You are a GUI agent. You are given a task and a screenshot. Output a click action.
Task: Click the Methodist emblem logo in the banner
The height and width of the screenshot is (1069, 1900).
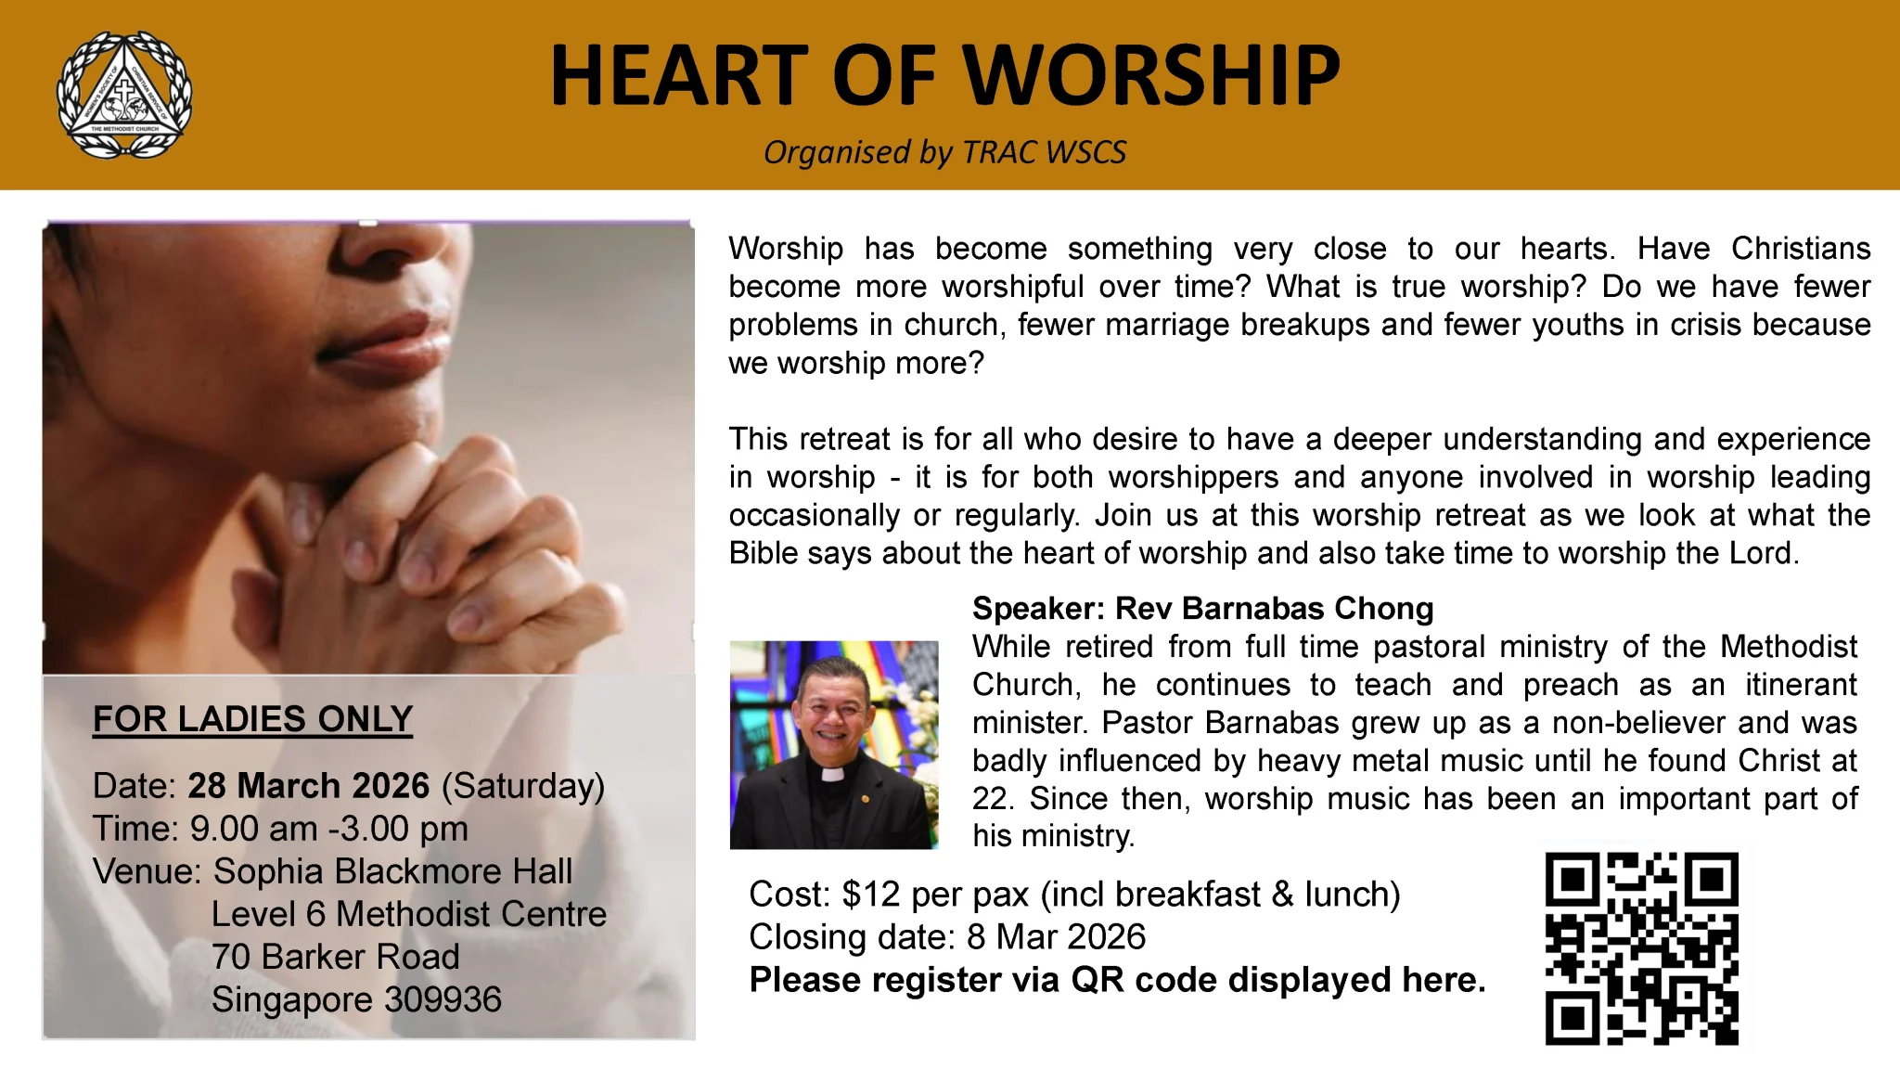(124, 95)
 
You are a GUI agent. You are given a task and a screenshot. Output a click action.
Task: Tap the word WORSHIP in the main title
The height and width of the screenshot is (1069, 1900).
(1150, 75)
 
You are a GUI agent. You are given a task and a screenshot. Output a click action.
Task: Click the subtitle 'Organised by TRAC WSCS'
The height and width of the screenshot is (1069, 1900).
(944, 152)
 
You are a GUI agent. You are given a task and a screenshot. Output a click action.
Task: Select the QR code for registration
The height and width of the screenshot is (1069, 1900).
(1641, 948)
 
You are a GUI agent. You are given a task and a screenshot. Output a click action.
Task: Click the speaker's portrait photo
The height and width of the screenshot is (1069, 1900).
(834, 744)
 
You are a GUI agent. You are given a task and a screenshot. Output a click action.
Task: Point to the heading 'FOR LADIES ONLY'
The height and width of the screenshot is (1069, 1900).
(252, 719)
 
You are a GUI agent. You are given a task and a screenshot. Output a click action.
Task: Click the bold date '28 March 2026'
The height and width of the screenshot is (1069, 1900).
(309, 786)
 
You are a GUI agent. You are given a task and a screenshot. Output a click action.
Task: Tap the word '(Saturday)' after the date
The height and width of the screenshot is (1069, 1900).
(523, 787)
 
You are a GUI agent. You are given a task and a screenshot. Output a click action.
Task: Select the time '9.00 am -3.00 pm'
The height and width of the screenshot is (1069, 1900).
(328, 829)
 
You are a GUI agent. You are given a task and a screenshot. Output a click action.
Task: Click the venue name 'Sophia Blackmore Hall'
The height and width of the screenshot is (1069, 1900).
(392, 871)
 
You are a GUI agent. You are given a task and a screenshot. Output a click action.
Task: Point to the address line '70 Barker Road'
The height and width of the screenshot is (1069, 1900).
(336, 957)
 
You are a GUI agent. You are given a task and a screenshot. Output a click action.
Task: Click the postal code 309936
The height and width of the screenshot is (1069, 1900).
(443, 999)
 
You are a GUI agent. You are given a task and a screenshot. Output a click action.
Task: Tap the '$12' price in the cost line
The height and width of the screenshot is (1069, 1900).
(871, 895)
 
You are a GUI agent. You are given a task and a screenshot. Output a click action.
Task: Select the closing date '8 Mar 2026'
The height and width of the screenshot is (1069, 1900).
(1056, 937)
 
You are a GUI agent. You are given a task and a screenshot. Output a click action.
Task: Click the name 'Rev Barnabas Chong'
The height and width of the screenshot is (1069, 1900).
(1274, 609)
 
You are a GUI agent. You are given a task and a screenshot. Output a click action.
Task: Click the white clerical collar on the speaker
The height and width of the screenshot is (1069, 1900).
(831, 773)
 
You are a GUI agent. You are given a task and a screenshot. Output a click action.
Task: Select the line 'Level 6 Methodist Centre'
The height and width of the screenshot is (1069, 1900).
(409, 914)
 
